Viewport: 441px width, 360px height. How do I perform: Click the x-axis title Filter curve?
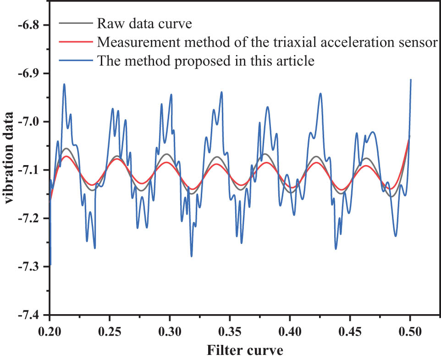click(x=245, y=351)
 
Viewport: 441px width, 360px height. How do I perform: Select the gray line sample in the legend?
click(x=76, y=23)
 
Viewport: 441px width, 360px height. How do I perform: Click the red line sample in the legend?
click(x=76, y=42)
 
